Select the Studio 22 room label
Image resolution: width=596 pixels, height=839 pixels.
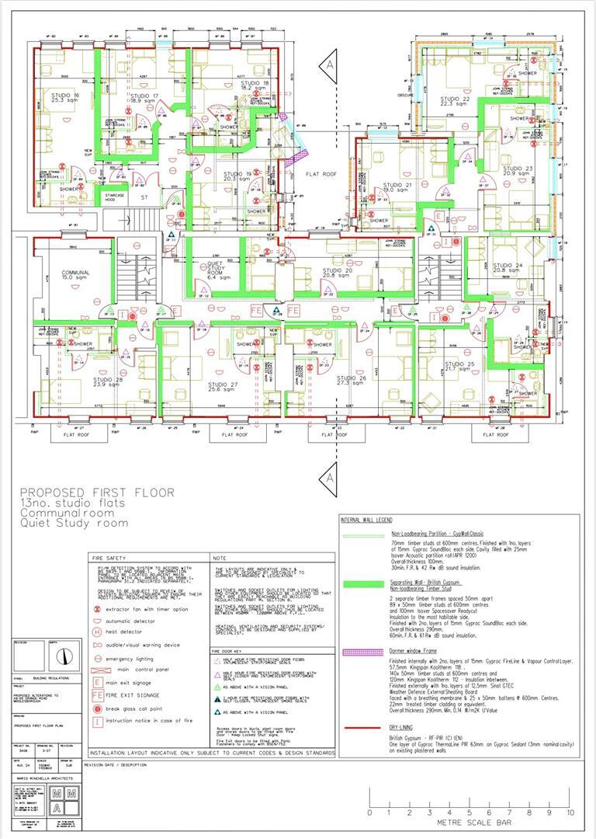(x=455, y=101)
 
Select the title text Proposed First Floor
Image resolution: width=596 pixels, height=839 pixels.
(x=97, y=493)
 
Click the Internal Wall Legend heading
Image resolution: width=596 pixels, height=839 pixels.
(x=367, y=519)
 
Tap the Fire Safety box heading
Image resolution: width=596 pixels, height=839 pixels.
(x=108, y=558)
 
